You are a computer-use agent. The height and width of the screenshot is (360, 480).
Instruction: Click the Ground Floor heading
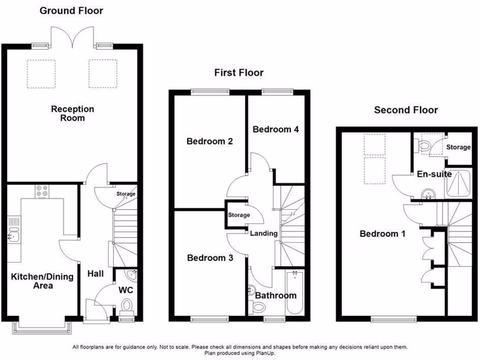pos(71,10)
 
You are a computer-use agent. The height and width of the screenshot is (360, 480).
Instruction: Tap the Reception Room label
pos(73,113)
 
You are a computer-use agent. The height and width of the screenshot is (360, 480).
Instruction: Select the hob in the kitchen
pos(42,191)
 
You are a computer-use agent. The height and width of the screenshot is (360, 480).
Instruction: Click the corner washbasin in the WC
pos(132,274)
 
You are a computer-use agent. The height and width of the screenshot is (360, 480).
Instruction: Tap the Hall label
pos(96,274)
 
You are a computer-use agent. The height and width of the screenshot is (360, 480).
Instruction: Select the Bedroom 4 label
pos(276,129)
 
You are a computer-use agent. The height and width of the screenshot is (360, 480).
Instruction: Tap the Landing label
pos(264,233)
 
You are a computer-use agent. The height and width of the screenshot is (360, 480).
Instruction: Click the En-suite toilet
pos(423,147)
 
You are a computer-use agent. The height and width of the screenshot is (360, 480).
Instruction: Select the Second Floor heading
pos(405,110)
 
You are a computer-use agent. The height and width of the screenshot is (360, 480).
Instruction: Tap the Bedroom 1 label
pos(382,234)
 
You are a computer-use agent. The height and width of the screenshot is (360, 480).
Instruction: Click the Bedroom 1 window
pos(393,319)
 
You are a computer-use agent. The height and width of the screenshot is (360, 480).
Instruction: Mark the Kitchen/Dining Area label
pos(42,281)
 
